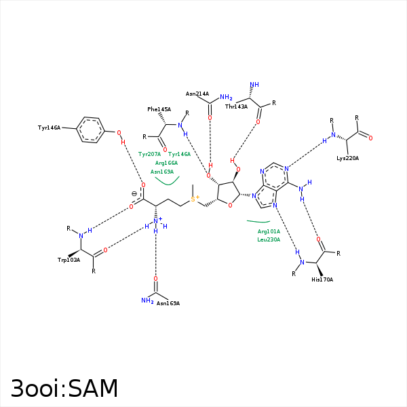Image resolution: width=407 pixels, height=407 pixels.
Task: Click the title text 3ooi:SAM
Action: click(x=64, y=388)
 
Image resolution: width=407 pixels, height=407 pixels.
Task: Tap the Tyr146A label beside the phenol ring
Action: click(x=50, y=128)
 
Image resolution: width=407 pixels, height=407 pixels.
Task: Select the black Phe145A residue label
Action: click(x=159, y=109)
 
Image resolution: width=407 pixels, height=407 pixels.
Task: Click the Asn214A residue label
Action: click(x=197, y=94)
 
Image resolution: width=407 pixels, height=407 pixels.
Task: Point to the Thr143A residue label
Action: click(x=236, y=106)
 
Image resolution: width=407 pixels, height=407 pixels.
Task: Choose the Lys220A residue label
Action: click(x=347, y=158)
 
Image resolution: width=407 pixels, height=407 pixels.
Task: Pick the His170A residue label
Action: click(x=322, y=279)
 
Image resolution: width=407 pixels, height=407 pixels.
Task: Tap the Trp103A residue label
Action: click(x=69, y=260)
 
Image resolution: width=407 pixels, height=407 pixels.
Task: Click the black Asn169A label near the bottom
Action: click(x=168, y=303)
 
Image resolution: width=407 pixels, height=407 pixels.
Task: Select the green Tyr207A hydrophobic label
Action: click(x=149, y=155)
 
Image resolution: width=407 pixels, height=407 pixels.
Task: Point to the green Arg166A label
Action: click(x=166, y=163)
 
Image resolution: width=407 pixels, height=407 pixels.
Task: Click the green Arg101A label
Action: click(x=269, y=231)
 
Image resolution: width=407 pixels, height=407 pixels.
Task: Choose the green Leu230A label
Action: click(x=269, y=239)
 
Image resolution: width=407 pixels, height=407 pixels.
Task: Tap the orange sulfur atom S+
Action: click(x=194, y=199)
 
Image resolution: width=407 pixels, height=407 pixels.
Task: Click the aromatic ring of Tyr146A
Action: click(x=90, y=130)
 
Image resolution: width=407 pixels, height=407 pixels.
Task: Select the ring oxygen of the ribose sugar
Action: click(x=230, y=205)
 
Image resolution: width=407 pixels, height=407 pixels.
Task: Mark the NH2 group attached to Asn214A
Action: click(x=226, y=98)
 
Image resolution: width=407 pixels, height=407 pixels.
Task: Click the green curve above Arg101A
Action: click(x=258, y=222)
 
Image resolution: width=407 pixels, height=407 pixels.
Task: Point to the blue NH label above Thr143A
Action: click(x=254, y=85)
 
